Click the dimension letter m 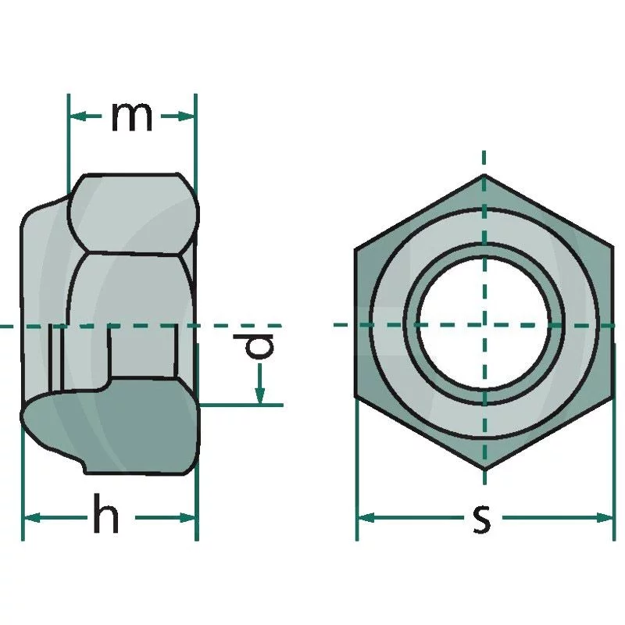[132, 116]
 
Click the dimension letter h [106, 513]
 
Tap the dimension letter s [482, 519]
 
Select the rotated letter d [254, 345]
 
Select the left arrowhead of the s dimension [366, 518]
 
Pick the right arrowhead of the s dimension [604, 518]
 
